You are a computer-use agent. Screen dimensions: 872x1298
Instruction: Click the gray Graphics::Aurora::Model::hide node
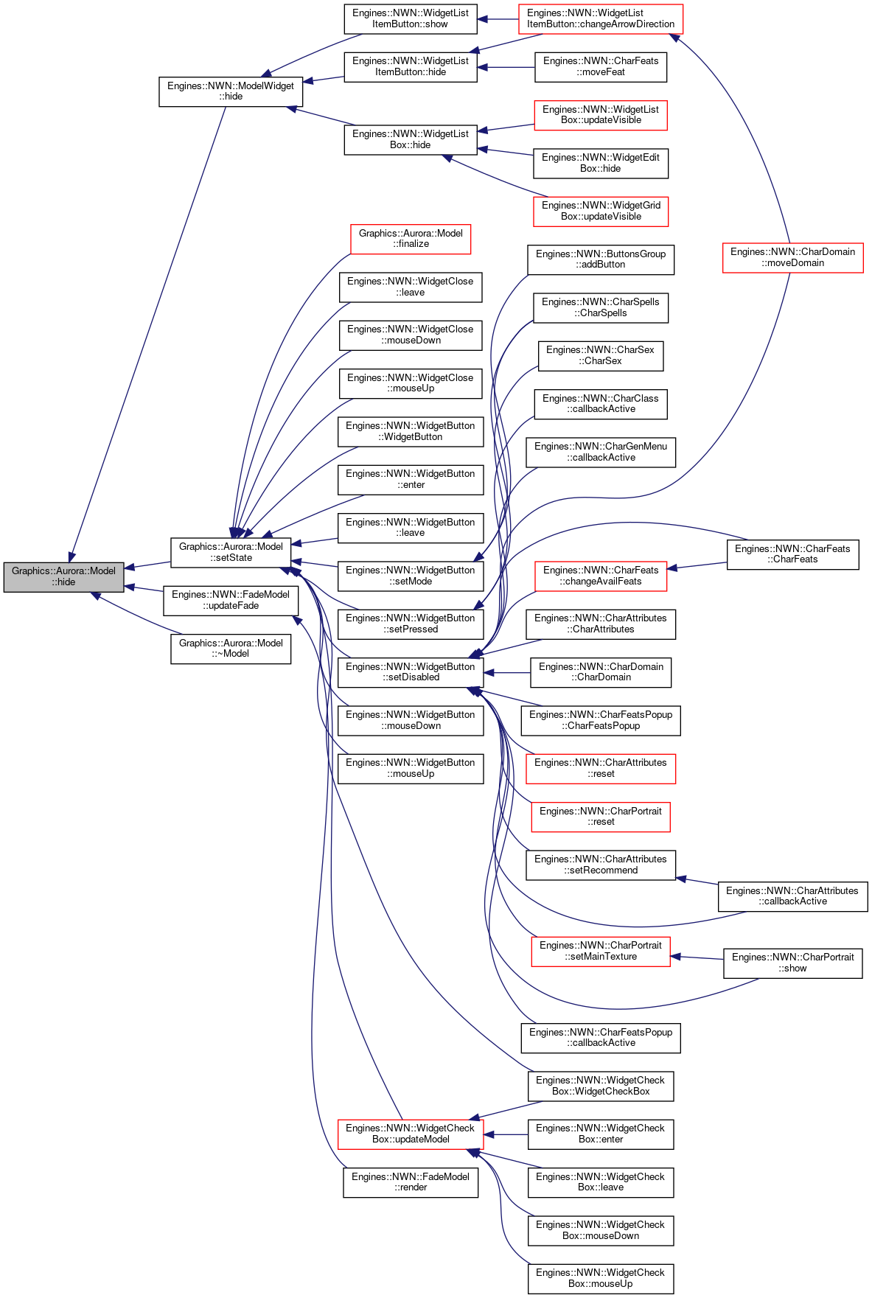pos(63,576)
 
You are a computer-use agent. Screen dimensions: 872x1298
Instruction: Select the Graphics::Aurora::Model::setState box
pos(231,552)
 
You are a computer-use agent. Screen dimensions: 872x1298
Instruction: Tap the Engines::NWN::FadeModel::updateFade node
pos(231,600)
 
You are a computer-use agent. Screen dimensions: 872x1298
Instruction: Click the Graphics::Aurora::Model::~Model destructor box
pos(231,649)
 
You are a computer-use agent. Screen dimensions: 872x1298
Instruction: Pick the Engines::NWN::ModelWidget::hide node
pos(231,91)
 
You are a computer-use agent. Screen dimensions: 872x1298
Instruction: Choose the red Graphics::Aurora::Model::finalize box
pos(411,239)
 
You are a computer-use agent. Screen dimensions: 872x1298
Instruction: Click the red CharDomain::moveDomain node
pos(792,257)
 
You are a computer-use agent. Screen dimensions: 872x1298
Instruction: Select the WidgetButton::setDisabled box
pos(411,672)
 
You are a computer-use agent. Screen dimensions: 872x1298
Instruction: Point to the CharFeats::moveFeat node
pos(601,67)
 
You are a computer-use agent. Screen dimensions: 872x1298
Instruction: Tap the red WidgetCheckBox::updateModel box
pos(411,1134)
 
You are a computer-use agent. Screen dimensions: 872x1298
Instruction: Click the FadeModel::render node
pos(411,1182)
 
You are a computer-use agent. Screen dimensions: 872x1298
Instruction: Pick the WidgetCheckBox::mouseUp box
pos(601,1278)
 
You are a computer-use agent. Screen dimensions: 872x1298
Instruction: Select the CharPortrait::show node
pos(792,963)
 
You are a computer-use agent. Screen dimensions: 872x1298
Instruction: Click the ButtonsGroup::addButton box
pos(601,259)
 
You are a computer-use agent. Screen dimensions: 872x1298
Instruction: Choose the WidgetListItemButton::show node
pos(411,19)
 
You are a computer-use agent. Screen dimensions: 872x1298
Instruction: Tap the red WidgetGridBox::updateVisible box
pos(601,212)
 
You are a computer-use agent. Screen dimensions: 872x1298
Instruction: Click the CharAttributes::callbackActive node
pos(792,896)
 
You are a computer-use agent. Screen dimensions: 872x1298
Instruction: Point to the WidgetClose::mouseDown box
pos(411,335)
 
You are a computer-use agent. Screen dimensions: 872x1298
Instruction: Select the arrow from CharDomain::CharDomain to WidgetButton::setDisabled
pos(507,673)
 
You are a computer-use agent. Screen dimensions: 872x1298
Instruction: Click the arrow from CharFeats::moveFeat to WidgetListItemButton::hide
pos(506,68)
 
